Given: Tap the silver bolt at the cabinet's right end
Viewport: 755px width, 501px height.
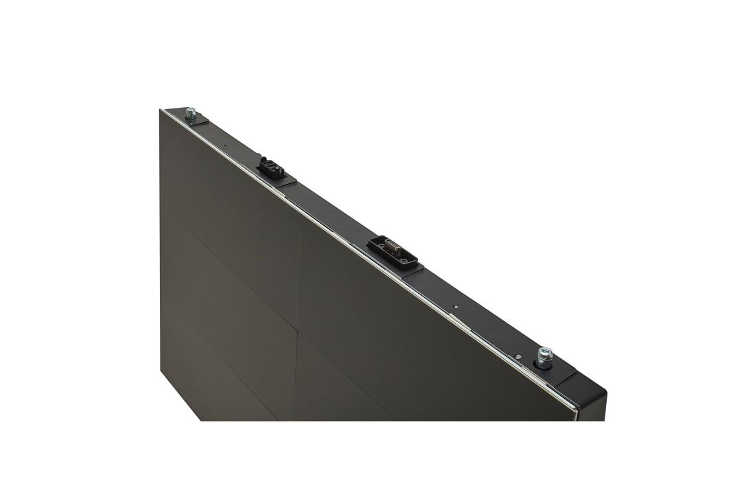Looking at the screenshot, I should click(x=545, y=355).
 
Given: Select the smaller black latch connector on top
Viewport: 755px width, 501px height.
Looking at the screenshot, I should click(x=271, y=167).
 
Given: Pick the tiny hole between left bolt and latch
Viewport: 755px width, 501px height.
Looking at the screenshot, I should click(x=226, y=145).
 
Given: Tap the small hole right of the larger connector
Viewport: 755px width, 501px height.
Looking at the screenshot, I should click(x=454, y=307).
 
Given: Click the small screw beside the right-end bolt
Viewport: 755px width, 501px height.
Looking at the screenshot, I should click(x=518, y=356).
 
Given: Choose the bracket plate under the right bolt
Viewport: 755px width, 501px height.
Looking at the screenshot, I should click(x=559, y=371).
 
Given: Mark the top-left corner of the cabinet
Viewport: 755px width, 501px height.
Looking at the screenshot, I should click(x=163, y=110).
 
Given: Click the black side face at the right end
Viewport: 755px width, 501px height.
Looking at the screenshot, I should click(x=592, y=405).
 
